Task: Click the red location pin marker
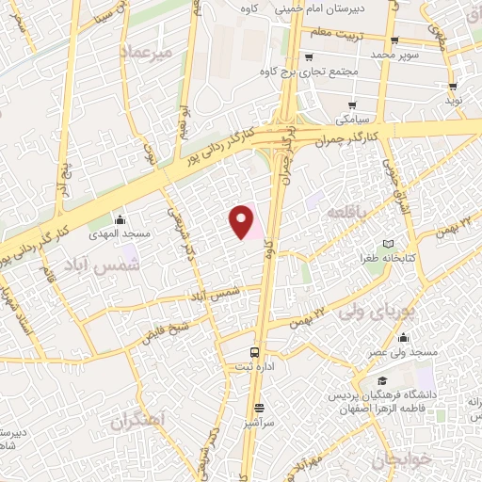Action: point(242,220)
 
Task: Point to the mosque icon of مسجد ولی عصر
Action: point(403,339)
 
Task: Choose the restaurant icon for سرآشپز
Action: point(259,408)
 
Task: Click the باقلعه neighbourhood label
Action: point(345,215)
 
